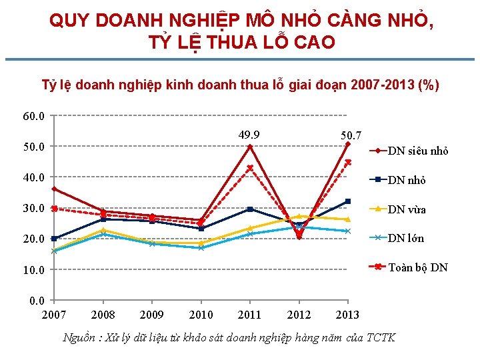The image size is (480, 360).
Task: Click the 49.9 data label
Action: [249, 136]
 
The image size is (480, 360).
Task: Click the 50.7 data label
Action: [351, 135]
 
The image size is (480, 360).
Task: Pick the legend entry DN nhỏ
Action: [407, 180]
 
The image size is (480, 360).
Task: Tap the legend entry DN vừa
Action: [407, 209]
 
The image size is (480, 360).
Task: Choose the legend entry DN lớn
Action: [406, 238]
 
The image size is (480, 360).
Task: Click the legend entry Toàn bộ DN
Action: [418, 267]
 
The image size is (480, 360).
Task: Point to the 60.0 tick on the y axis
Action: [33, 117]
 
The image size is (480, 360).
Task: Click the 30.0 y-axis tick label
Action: [33, 208]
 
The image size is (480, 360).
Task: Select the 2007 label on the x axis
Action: [53, 315]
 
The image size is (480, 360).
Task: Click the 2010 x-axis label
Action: [201, 315]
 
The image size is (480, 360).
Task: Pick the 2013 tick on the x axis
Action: [347, 315]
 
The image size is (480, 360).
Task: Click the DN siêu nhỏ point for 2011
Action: [250, 147]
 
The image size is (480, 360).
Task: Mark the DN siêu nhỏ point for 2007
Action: [54, 189]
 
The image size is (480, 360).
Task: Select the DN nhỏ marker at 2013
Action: [348, 201]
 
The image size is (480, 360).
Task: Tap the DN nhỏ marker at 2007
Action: [54, 239]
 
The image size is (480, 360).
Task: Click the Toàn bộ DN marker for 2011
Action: [250, 168]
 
